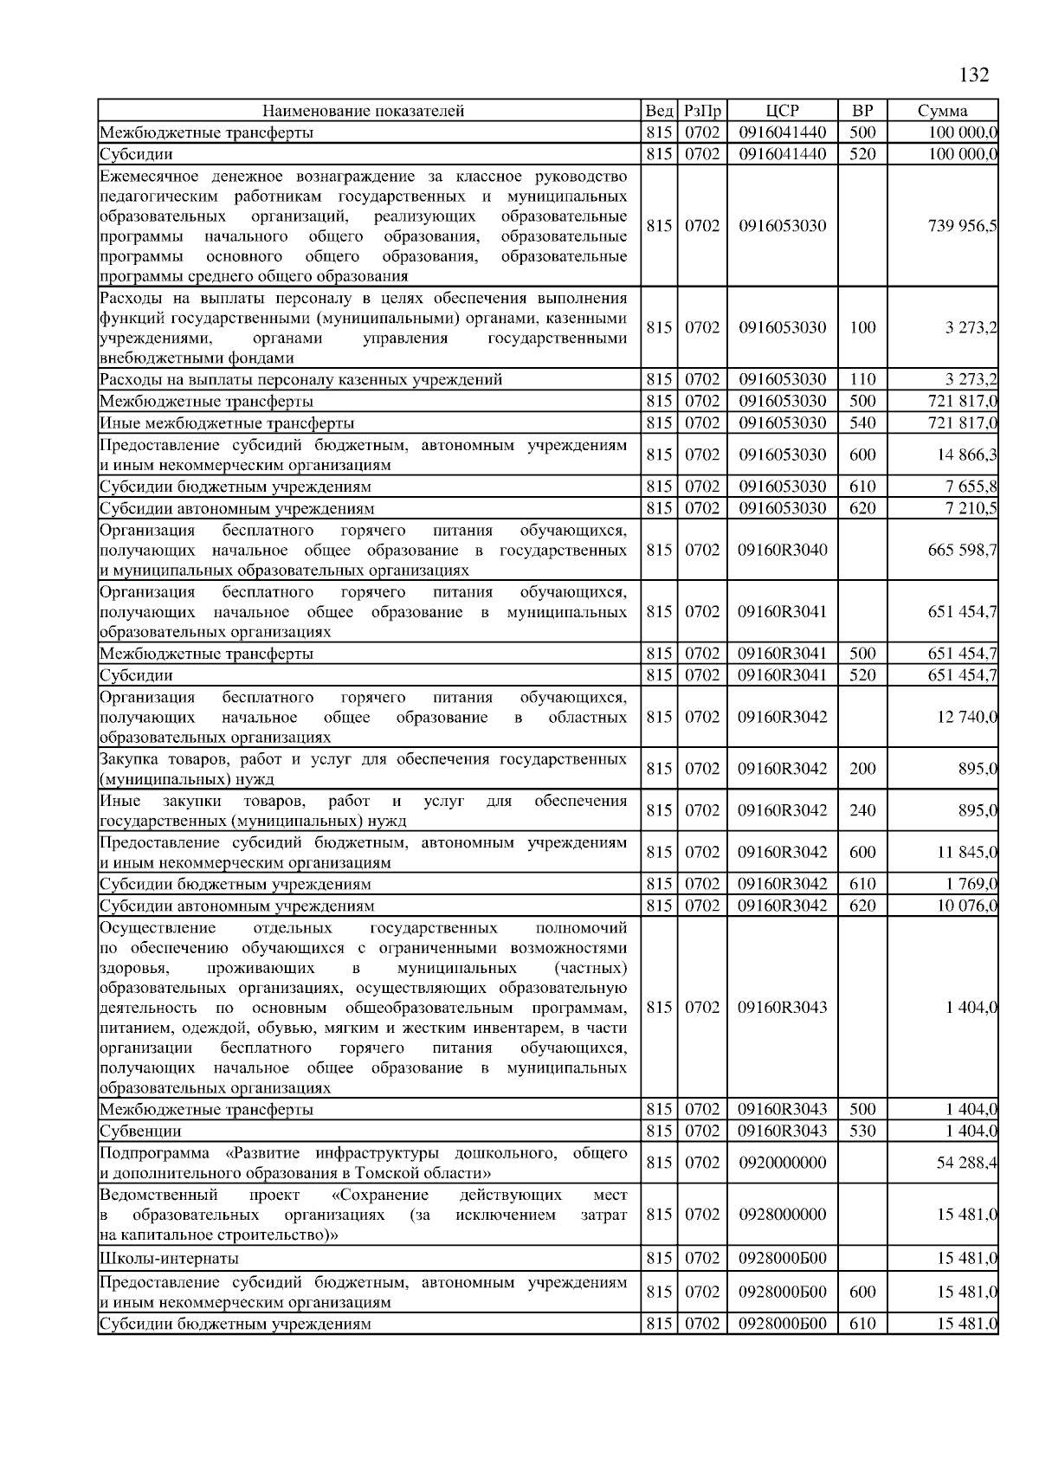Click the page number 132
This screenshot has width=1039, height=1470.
[x=974, y=75]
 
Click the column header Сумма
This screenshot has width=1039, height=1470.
[x=942, y=111]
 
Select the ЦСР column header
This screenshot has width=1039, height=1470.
[x=782, y=111]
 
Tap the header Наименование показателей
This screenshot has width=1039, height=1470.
[x=364, y=111]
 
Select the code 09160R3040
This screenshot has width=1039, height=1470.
[x=782, y=550]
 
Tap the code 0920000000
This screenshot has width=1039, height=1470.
[x=782, y=1163]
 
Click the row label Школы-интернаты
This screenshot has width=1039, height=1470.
[x=169, y=1259]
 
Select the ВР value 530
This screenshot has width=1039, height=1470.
[x=862, y=1132]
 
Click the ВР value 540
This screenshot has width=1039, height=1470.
[x=862, y=423]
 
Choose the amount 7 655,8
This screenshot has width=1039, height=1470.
[x=970, y=487]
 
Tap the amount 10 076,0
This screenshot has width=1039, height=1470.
[x=966, y=906]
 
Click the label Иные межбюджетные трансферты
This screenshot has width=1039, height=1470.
[x=227, y=423]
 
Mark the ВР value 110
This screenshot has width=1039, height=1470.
[x=862, y=380]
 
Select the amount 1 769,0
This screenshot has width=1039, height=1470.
[x=970, y=885]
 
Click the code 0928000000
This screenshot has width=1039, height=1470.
[x=782, y=1215]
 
